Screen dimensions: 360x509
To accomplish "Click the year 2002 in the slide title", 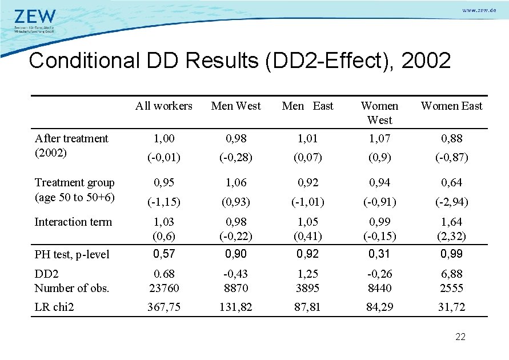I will [x=426, y=60].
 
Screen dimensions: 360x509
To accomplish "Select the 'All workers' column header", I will [x=164, y=106].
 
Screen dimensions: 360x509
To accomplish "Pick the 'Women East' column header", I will [x=451, y=106].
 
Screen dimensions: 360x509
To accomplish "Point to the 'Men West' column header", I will [x=236, y=106].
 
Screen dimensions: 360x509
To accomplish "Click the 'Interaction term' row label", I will [x=73, y=222].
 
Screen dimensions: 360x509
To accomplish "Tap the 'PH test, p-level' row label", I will [x=72, y=254].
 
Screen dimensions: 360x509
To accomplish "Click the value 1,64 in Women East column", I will [x=452, y=222].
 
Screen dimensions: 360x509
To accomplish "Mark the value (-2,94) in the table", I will [x=452, y=202].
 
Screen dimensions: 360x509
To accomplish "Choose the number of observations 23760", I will [x=164, y=288].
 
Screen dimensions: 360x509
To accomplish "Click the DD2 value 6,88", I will [x=452, y=274].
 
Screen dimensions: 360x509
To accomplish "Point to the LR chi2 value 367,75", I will [x=164, y=307].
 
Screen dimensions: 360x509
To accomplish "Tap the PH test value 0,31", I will [x=380, y=254].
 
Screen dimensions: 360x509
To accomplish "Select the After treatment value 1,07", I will [x=380, y=138].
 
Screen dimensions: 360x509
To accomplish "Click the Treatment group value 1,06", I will [x=236, y=183].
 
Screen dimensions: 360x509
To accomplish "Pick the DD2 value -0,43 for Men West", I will [x=236, y=274].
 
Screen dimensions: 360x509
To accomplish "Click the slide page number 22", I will [x=460, y=337].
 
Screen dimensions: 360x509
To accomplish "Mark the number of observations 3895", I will [x=308, y=288].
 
